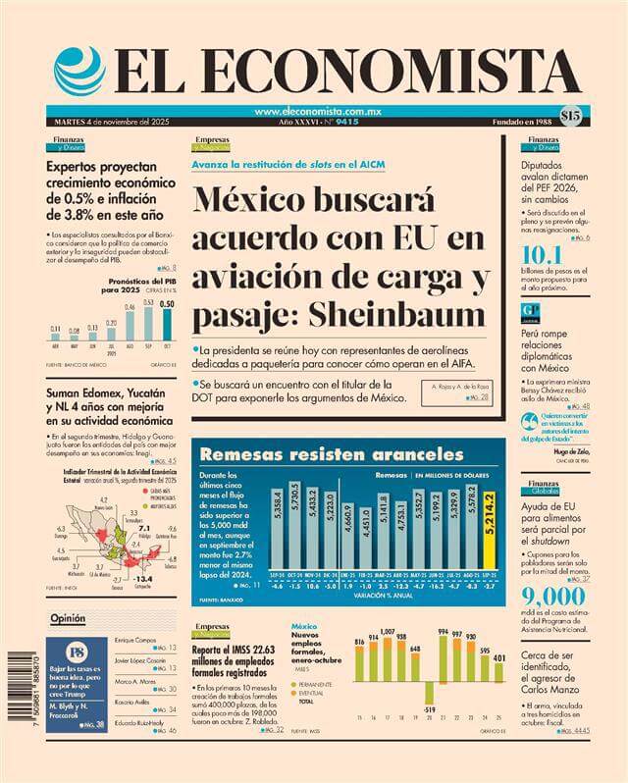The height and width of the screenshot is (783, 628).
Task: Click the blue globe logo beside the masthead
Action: (79, 72)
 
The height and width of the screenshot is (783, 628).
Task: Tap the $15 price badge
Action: (570, 114)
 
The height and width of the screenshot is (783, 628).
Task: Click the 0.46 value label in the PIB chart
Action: (129, 307)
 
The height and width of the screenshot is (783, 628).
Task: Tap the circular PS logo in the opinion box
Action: (76, 652)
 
